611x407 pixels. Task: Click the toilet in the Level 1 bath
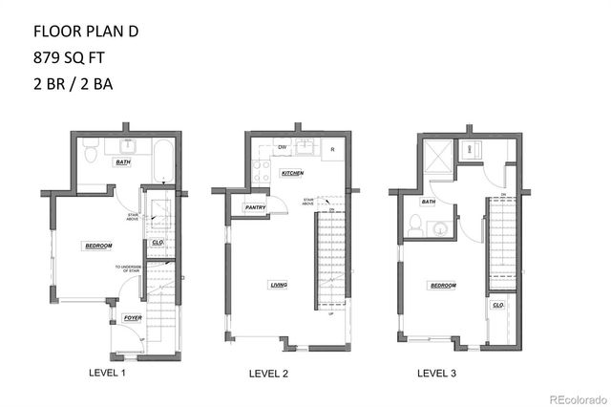pyautogui.click(x=89, y=151)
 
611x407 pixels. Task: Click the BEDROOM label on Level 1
pyautogui.click(x=98, y=246)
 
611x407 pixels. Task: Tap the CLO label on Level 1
pyautogui.click(x=157, y=242)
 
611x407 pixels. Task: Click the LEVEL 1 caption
pyautogui.click(x=107, y=372)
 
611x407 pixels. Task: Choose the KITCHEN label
pyautogui.click(x=291, y=174)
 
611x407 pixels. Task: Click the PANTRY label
pyautogui.click(x=255, y=207)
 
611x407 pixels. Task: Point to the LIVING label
pyautogui.click(x=279, y=285)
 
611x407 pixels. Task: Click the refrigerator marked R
pyautogui.click(x=331, y=149)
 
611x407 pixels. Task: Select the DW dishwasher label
pyautogui.click(x=282, y=148)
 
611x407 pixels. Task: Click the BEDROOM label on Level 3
pyautogui.click(x=442, y=285)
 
